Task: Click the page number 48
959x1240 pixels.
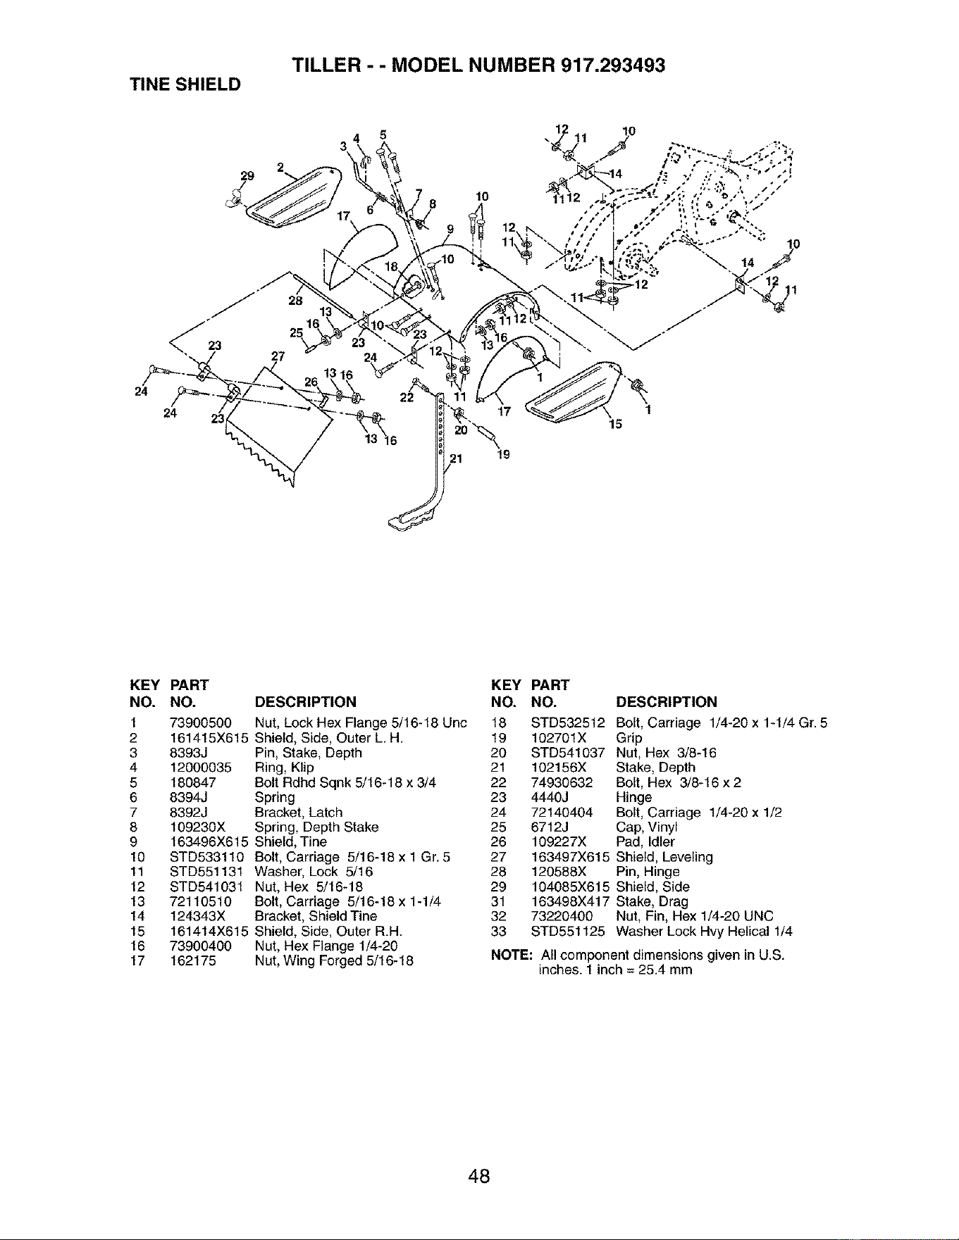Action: click(x=479, y=1176)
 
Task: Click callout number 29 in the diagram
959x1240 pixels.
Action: click(x=246, y=175)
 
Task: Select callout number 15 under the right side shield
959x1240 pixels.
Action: click(x=615, y=424)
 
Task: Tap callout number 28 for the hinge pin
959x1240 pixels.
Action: click(x=295, y=301)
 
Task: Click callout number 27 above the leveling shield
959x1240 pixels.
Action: click(x=278, y=356)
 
